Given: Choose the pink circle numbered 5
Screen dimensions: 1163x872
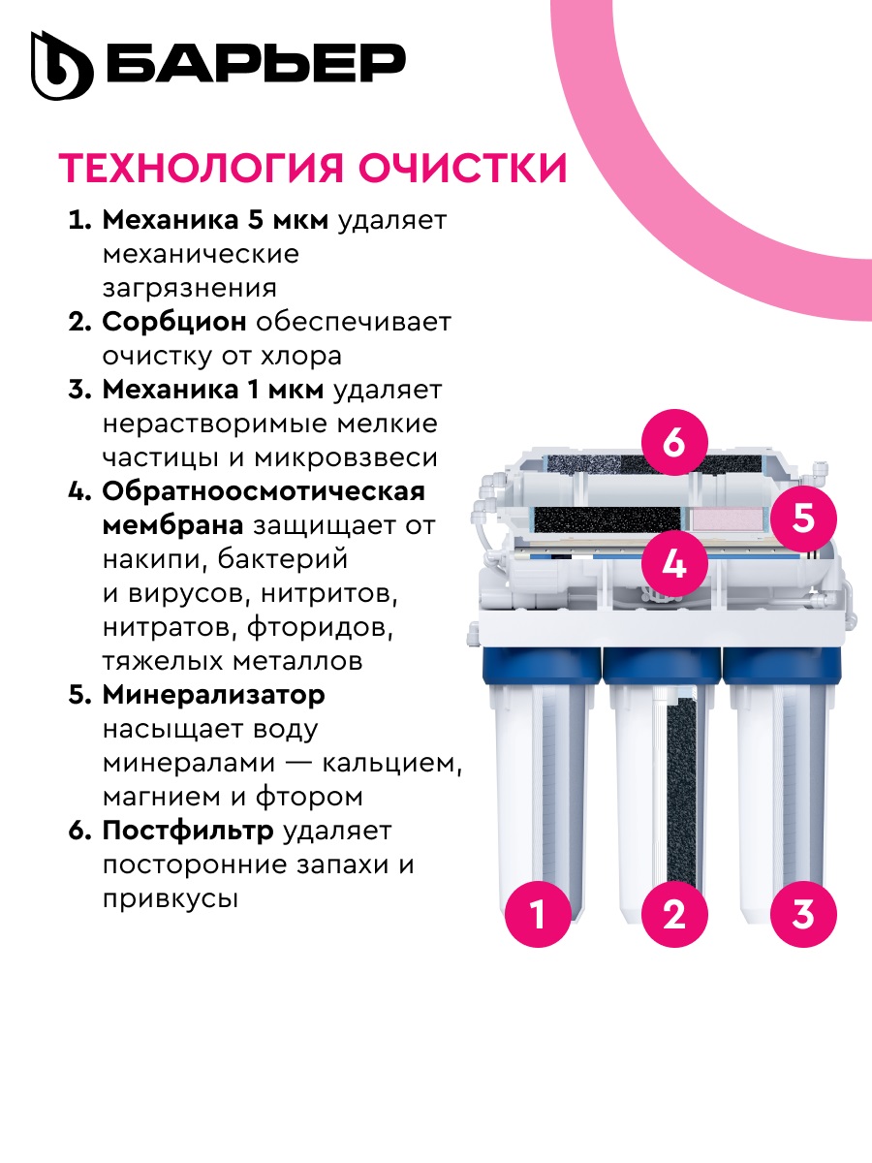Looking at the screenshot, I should [x=803, y=518].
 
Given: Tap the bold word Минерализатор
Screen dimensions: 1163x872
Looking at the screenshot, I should [x=213, y=695].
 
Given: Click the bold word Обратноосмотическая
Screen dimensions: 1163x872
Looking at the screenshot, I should [x=264, y=490].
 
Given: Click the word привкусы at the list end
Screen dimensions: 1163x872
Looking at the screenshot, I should [x=170, y=898].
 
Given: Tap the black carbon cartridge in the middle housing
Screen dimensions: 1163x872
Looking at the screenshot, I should [x=681, y=775].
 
